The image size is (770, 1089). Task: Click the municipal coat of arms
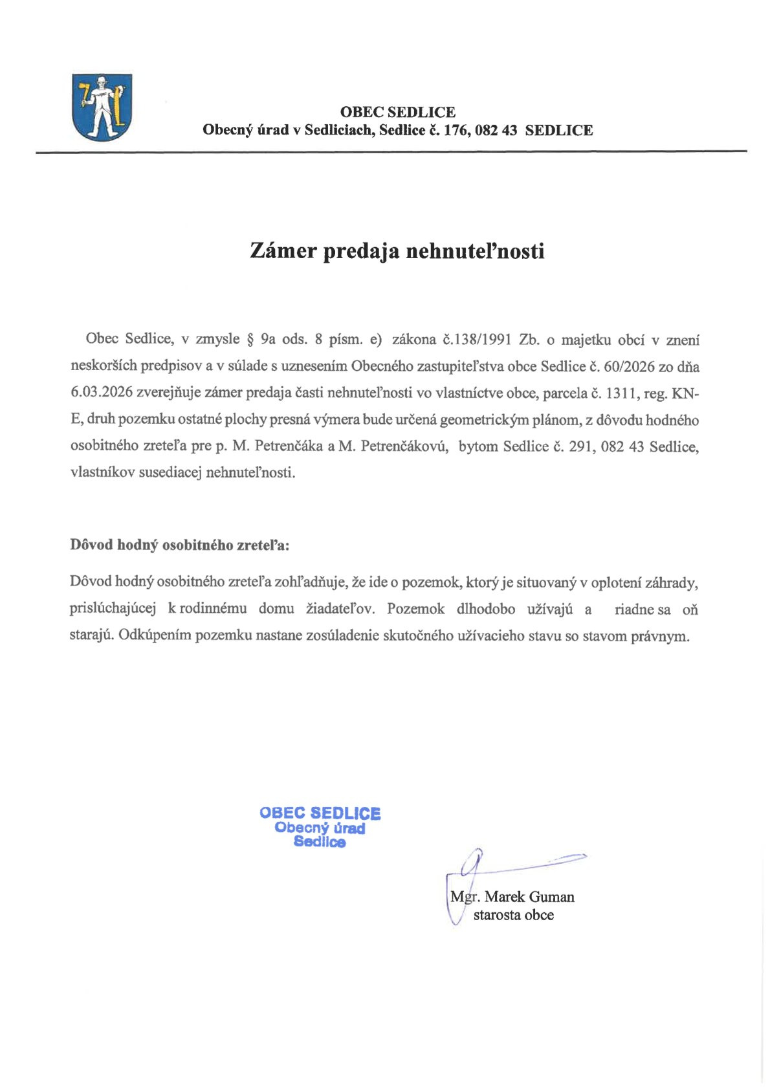point(102,107)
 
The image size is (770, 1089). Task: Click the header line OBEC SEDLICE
point(397,112)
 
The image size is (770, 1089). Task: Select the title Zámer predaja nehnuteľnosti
point(397,250)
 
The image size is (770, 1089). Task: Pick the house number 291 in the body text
point(581,446)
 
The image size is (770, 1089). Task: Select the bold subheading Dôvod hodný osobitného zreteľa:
point(180,545)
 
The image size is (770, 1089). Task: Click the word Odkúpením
point(154,635)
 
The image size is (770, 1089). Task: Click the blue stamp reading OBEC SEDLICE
point(320,827)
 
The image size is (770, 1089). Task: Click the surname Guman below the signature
point(551,897)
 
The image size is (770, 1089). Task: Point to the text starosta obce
point(513,915)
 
